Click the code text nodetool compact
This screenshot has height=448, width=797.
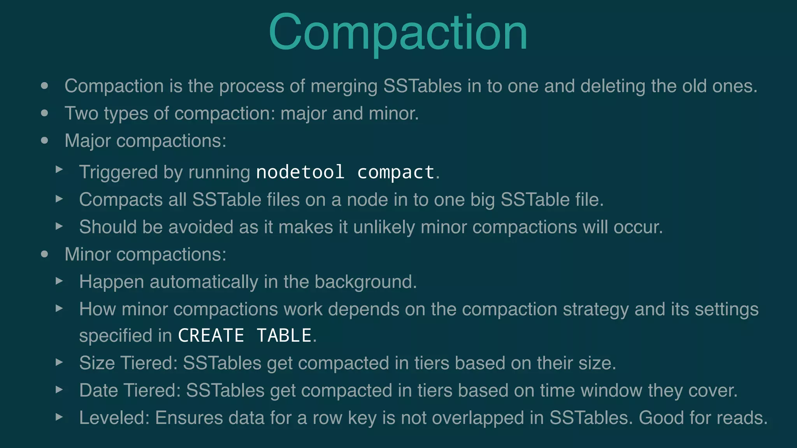[345, 172]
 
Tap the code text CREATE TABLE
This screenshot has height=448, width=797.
[245, 335]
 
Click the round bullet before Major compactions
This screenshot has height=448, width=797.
[45, 140]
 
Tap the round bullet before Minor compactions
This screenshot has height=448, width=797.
[45, 254]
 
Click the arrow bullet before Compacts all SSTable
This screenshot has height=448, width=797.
[59, 199]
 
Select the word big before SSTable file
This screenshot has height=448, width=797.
[482, 200]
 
